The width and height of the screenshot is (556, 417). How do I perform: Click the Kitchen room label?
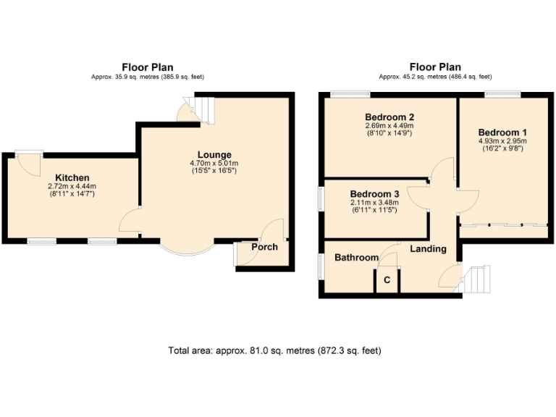(x=72, y=177)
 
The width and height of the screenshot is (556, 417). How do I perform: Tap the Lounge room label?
(x=214, y=154)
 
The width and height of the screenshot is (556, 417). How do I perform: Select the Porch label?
(x=264, y=248)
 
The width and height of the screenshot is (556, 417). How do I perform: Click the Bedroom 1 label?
(x=502, y=132)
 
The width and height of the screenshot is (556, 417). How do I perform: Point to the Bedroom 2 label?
(x=389, y=117)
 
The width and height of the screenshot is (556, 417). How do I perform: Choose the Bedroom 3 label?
(x=374, y=194)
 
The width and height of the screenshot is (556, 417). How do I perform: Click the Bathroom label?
(x=356, y=258)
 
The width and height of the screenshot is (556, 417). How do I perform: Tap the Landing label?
(x=428, y=249)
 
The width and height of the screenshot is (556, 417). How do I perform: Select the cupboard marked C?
(x=387, y=280)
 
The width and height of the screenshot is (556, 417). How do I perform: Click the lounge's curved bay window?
(x=186, y=250)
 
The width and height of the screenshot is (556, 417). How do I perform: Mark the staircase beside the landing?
(x=479, y=279)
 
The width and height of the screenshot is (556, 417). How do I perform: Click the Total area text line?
(x=274, y=350)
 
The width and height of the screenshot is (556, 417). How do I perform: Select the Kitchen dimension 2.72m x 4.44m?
(x=72, y=186)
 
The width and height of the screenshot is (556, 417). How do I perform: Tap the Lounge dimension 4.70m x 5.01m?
(x=214, y=163)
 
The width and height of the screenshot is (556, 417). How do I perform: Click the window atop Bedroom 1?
(x=502, y=93)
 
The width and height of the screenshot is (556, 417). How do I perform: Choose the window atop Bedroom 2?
(x=351, y=93)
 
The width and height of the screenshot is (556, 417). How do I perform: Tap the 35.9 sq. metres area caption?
(x=147, y=77)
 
